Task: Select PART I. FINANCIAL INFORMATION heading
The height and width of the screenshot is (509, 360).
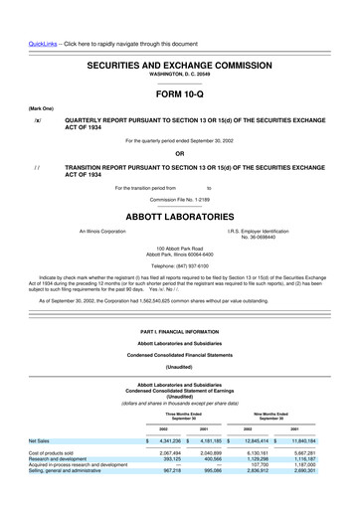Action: (179, 329)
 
